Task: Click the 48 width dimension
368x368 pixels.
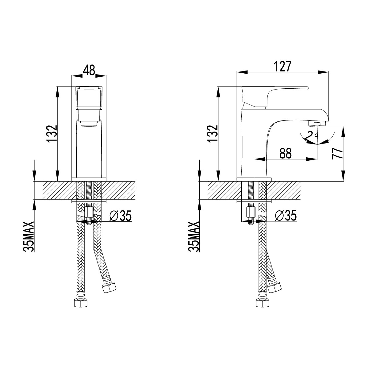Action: (89, 70)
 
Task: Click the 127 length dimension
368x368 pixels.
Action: (282, 67)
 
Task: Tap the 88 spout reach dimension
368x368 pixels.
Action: (286, 153)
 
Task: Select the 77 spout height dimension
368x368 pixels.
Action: (337, 153)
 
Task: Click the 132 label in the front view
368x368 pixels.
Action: (52, 134)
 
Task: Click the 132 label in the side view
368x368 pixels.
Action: (213, 134)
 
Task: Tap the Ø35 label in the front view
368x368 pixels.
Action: (121, 216)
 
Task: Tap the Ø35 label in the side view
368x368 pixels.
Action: (286, 216)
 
